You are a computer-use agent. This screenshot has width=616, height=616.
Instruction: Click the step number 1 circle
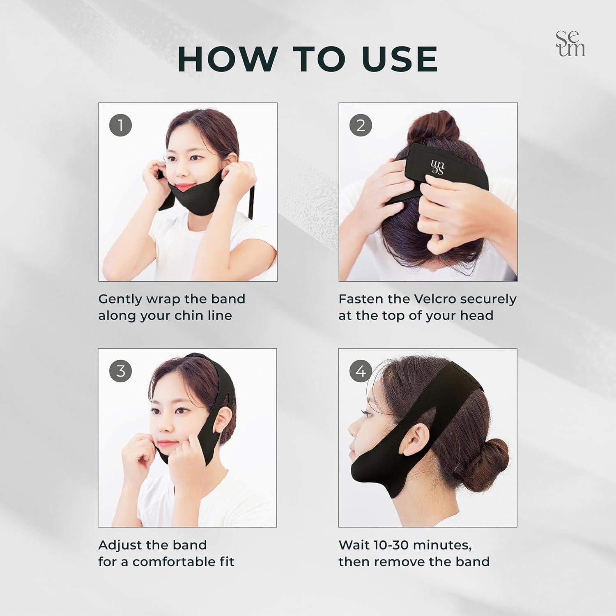(120, 125)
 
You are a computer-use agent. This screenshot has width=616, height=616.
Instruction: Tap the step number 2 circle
(361, 125)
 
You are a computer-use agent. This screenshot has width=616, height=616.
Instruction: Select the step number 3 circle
(120, 371)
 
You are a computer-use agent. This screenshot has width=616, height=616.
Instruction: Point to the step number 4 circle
(361, 371)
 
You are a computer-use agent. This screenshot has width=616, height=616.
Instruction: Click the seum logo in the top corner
(570, 44)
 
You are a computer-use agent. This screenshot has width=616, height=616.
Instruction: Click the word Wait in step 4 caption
(354, 545)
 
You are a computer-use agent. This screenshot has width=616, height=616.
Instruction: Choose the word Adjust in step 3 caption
(116, 545)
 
